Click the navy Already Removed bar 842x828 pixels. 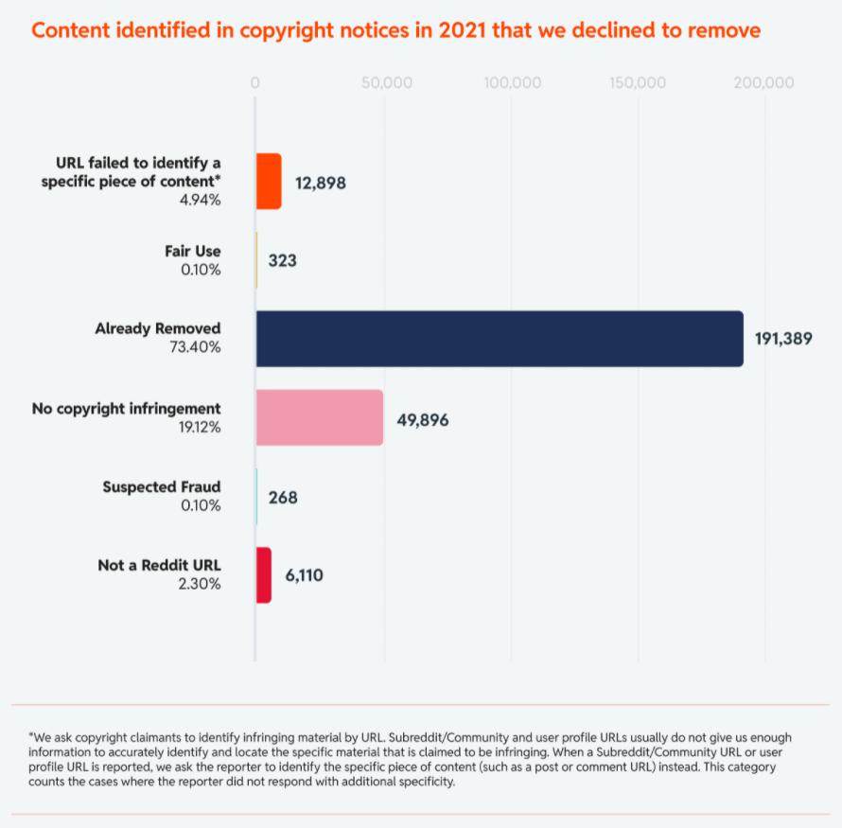coord(500,338)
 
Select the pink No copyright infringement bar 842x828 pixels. coord(320,417)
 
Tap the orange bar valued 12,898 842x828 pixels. coord(269,181)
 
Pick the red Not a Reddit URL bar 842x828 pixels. coord(264,574)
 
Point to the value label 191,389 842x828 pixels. coord(783,338)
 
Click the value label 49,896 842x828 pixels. coord(423,419)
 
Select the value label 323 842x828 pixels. coord(282,259)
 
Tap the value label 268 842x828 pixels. coord(283,497)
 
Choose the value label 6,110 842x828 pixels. coord(305,574)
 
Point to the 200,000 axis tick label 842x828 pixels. coord(764,83)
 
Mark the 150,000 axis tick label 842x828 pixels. coord(639,83)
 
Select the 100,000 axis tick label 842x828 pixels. coord(512,83)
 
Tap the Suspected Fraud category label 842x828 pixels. coord(162,487)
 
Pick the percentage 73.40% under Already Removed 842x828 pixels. coord(195,347)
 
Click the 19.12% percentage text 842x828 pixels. coord(196,427)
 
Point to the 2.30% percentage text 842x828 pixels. coord(199,584)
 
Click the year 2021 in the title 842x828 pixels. coord(457,30)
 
